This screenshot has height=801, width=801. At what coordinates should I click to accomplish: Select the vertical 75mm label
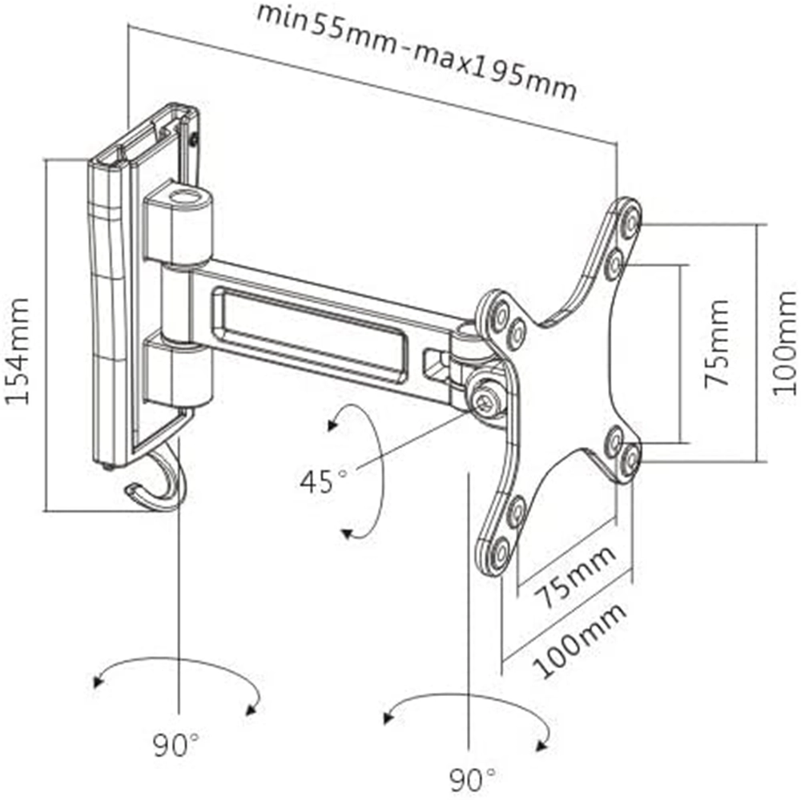[717, 344]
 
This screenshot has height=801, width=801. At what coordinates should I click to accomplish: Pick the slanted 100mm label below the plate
[580, 640]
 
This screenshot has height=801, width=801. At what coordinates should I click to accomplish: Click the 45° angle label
[324, 481]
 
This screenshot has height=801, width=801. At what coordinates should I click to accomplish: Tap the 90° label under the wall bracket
[175, 746]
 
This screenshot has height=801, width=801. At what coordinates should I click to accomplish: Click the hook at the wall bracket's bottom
[160, 484]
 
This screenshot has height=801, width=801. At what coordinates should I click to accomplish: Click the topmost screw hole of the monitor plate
[630, 218]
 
